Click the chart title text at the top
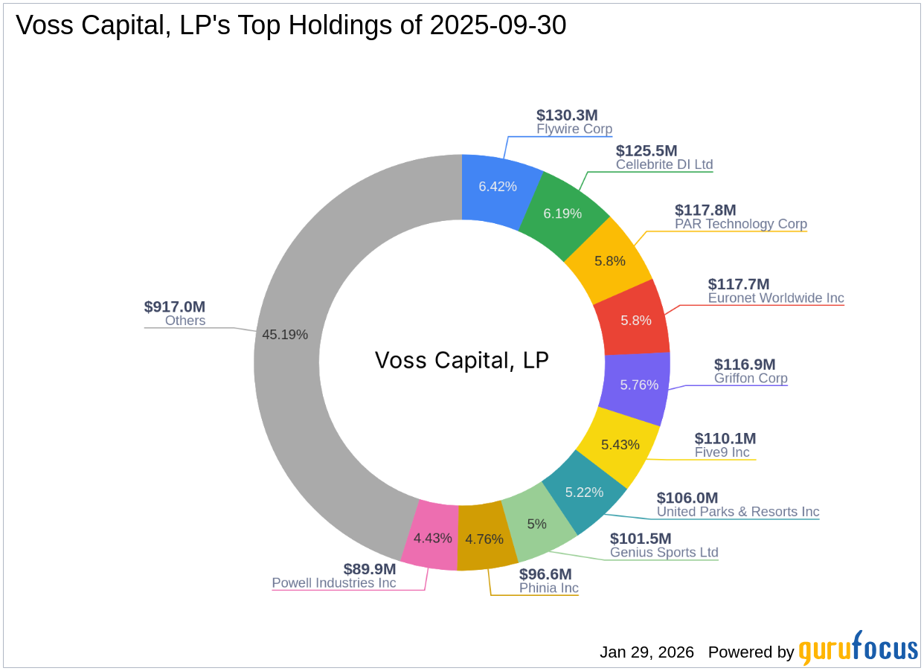(x=291, y=25)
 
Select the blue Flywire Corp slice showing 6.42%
(x=497, y=186)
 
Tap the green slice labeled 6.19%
(x=562, y=213)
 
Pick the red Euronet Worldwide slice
(x=635, y=320)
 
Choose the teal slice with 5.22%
(x=584, y=492)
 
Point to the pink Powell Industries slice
(x=432, y=537)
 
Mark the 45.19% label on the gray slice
(x=285, y=334)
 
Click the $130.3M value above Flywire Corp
(x=567, y=115)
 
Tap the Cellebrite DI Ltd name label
(x=664, y=164)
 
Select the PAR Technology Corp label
(x=741, y=224)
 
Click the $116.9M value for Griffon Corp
(x=745, y=364)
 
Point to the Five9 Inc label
(x=722, y=452)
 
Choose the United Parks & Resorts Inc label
(x=738, y=512)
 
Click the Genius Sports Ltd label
(x=664, y=552)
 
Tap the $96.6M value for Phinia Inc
(x=545, y=574)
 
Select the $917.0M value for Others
(x=175, y=306)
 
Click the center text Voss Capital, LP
(x=461, y=361)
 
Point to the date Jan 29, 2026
(x=647, y=652)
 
